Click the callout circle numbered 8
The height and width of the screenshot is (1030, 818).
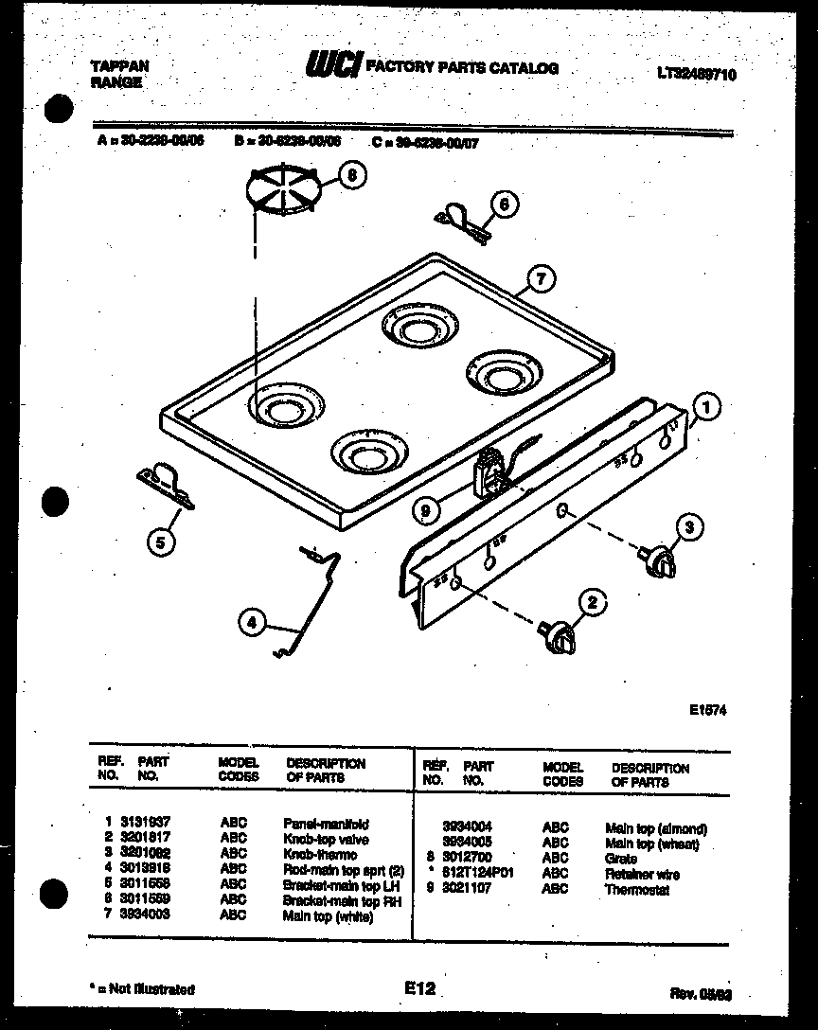[352, 175]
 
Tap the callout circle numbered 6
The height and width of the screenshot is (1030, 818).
[505, 204]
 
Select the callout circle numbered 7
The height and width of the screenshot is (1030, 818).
[540, 279]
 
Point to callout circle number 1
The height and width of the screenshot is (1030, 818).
[706, 408]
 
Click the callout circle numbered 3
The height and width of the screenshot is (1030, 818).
[690, 527]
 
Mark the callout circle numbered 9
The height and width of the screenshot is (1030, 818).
[427, 511]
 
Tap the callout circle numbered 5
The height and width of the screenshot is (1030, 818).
[162, 543]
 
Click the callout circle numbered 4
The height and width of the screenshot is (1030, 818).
[251, 623]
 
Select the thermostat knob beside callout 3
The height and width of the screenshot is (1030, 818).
[656, 559]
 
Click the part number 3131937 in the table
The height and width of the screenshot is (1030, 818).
[144, 825]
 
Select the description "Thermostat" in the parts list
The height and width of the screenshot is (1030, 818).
[636, 890]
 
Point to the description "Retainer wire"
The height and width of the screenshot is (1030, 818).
[642, 874]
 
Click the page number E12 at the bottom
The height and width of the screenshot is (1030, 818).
[418, 988]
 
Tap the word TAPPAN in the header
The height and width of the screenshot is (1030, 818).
[119, 67]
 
